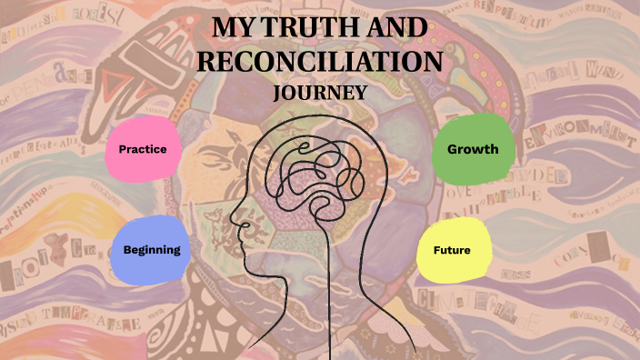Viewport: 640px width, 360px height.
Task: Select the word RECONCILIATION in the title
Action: [321, 61]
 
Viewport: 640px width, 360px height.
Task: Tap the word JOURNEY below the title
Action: [320, 93]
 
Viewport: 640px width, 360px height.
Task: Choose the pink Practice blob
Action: [144, 148]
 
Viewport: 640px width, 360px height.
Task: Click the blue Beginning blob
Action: [152, 249]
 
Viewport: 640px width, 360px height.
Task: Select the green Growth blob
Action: [473, 148]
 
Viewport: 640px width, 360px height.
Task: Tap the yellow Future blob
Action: [452, 249]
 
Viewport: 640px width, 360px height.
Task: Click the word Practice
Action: [144, 148]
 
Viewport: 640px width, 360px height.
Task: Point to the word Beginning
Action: [152, 249]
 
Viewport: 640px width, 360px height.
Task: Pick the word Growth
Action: [473, 148]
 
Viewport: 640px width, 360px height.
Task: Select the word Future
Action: [452, 249]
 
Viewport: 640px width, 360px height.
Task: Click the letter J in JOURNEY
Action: [277, 93]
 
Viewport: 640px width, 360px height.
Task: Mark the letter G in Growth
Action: [452, 148]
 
